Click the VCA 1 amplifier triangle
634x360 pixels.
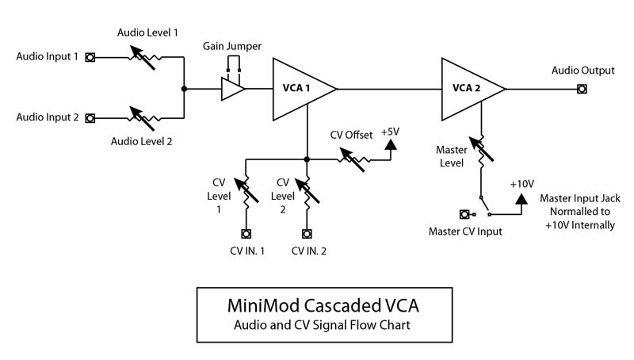point(300,89)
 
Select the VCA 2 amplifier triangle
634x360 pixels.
point(469,89)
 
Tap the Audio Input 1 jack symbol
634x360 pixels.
point(91,58)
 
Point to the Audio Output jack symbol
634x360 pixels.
point(582,89)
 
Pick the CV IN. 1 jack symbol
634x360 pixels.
point(246,234)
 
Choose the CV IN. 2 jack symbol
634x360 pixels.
point(307,234)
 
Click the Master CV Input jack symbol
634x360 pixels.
point(465,213)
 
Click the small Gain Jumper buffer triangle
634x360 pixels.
point(231,89)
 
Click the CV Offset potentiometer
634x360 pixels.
point(353,159)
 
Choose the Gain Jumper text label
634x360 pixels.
point(232,47)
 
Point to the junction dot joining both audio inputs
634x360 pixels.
point(184,89)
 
